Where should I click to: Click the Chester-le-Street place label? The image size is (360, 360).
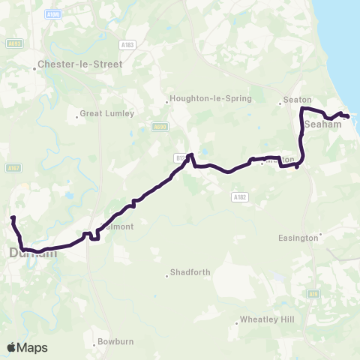coord(84,64)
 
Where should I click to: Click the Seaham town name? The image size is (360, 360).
coord(323,124)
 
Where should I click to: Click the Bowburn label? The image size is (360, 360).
coord(115,345)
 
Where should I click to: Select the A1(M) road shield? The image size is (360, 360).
coord(52,13)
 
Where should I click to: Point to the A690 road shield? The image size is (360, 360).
coord(159,127)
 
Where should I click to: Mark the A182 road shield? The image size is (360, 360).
coord(238,196)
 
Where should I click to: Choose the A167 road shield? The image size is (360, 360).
coord(13,168)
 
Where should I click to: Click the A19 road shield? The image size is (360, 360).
coord(313,294)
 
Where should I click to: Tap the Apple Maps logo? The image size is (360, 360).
coord(27,347)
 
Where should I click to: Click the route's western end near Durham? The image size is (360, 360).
coord(13,217)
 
